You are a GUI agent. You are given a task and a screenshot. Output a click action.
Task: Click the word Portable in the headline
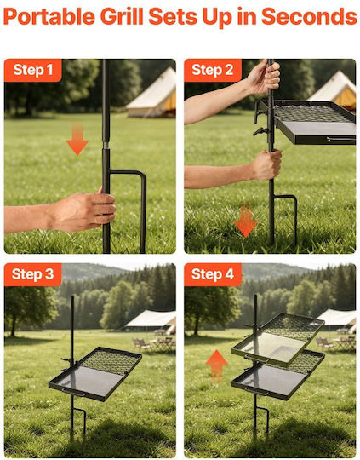coord(49,16)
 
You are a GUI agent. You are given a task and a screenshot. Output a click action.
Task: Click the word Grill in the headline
coord(122,16)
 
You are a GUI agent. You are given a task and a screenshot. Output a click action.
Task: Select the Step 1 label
coord(33,70)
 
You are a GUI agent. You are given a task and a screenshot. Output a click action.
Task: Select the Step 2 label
coord(213,70)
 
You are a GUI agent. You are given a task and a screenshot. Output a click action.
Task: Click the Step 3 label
coord(33,274)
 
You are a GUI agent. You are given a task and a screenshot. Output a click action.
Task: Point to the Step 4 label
coord(213,274)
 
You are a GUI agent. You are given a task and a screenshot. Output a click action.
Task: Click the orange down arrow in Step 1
coord(77,139)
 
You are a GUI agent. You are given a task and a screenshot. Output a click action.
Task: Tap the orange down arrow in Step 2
coord(246,220)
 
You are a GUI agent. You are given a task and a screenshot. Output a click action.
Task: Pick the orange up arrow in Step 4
coord(216,365)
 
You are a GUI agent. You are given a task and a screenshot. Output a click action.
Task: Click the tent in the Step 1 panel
coord(151,94)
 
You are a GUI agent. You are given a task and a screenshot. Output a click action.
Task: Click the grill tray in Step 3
coord(95,373)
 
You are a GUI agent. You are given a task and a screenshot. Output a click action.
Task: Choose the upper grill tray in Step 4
coord(278,339)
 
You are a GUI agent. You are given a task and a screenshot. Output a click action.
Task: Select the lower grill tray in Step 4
coord(278,376)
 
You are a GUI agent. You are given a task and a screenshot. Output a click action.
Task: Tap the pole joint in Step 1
coord(106,145)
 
